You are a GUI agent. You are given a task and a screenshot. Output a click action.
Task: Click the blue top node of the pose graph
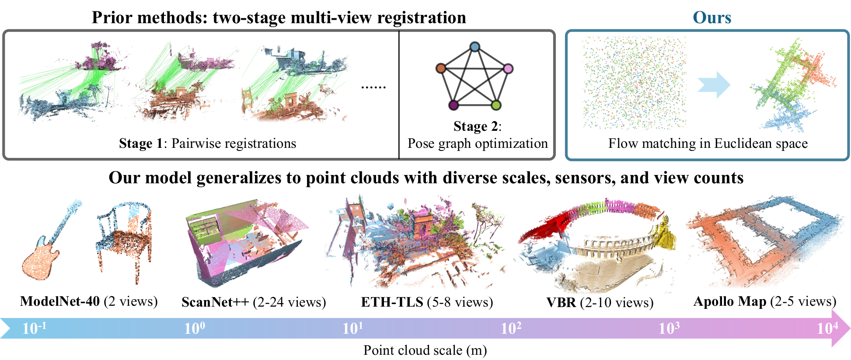pos(474,46)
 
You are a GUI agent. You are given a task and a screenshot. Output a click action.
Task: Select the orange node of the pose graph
pos(441,68)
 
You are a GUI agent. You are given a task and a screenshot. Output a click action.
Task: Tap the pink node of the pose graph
pos(508,68)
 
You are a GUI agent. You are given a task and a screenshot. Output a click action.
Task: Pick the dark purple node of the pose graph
pos(453,105)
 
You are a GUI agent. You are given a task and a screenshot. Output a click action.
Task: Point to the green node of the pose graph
pos(495,105)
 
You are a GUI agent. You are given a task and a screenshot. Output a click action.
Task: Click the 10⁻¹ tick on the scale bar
pos(34,328)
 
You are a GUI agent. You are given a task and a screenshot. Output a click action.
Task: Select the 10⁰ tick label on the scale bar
pos(194,328)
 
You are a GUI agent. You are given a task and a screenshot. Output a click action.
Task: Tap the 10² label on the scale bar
pos(511,328)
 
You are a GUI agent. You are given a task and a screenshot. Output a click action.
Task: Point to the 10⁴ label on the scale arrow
pos(827,328)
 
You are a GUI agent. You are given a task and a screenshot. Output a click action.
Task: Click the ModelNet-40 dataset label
pos(89,301)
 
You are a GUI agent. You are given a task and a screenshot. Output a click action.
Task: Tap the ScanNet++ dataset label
pos(254,302)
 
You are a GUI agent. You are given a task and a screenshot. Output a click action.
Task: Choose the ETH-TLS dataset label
pos(427,302)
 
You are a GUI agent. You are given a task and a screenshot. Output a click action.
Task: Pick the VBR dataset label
pos(600,302)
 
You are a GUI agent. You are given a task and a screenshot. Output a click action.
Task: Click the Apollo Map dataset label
pos(765,301)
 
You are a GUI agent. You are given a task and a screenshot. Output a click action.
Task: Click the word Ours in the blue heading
pos(712,17)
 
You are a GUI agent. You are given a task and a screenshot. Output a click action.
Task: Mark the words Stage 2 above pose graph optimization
pos(475,126)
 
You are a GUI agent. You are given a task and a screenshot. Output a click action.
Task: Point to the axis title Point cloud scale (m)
pos(425,350)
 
